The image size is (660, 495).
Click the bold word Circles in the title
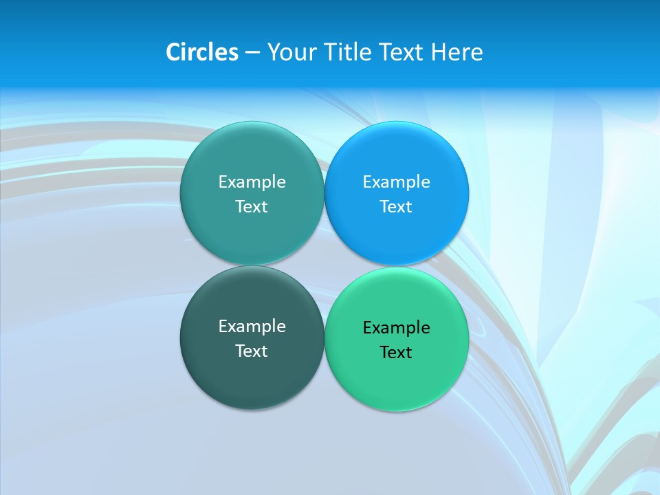201,52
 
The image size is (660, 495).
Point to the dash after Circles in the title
252,53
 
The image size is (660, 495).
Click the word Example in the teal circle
252,182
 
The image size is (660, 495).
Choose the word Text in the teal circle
252,207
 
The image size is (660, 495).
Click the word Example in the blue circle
396,182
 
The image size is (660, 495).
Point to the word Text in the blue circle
396,207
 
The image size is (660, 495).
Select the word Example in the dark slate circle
252,327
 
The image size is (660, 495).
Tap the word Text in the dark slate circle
252,351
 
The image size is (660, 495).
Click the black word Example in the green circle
396,328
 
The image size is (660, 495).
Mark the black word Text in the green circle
396,353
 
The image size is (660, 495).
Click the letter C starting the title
173,52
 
